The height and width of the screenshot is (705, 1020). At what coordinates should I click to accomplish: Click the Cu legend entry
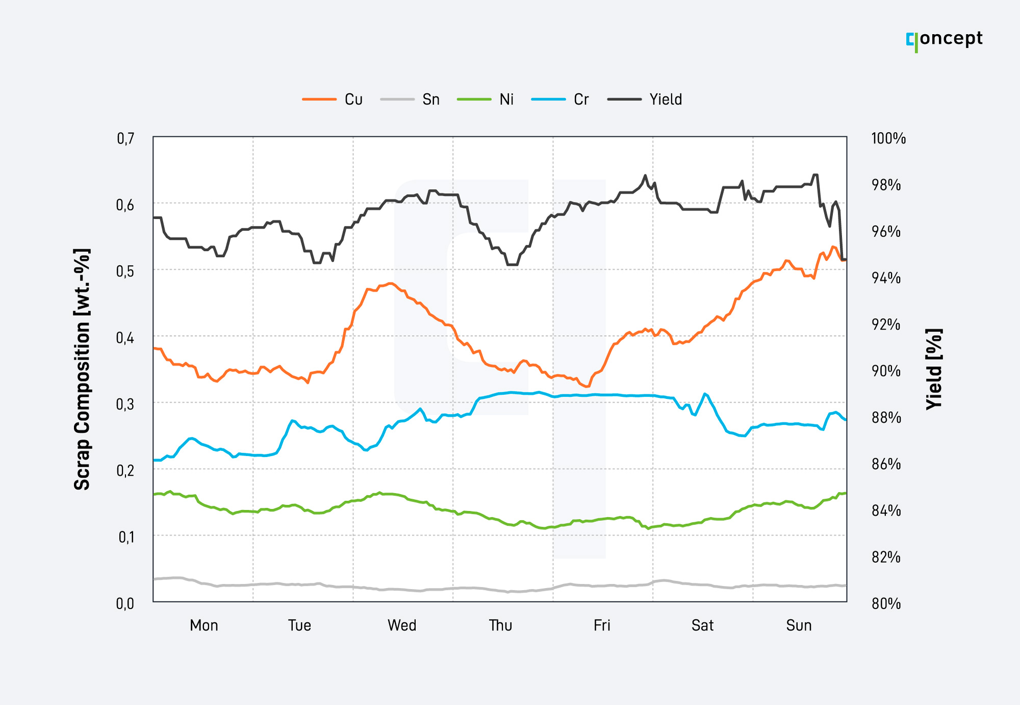pos(332,99)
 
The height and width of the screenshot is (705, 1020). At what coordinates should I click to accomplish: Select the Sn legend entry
pos(410,99)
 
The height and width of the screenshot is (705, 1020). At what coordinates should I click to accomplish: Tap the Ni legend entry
pos(486,99)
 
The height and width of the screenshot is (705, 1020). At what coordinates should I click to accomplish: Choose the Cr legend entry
pos(560,99)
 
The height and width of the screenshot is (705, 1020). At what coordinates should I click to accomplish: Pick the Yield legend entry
pos(645,99)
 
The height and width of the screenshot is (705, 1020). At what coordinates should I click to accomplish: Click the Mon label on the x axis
pos(204,625)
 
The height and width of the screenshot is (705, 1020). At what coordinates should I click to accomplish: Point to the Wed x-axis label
pos(402,625)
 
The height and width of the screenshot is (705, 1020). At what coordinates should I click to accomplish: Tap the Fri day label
pos(602,625)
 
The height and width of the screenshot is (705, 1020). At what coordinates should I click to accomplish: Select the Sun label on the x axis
pos(799,625)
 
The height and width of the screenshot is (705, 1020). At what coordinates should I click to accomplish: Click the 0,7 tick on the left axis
pos(125,138)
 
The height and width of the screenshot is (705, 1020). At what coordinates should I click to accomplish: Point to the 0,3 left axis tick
pos(125,404)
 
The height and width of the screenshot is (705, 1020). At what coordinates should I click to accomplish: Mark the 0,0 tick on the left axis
pos(125,603)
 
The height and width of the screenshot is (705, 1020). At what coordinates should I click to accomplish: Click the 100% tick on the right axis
pos(888,138)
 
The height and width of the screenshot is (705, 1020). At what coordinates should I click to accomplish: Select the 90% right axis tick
pos(886,371)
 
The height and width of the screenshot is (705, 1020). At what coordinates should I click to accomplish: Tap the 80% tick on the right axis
pos(886,603)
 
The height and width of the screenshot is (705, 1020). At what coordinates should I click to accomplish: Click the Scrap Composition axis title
pos(82,369)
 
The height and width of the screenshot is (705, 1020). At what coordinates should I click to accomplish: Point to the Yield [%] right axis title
pos(934,369)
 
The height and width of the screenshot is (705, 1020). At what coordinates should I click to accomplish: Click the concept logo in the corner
pos(945,40)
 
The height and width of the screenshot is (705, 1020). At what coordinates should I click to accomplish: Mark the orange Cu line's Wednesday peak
pos(390,283)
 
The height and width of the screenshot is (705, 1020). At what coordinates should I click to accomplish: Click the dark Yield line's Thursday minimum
pos(512,265)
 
